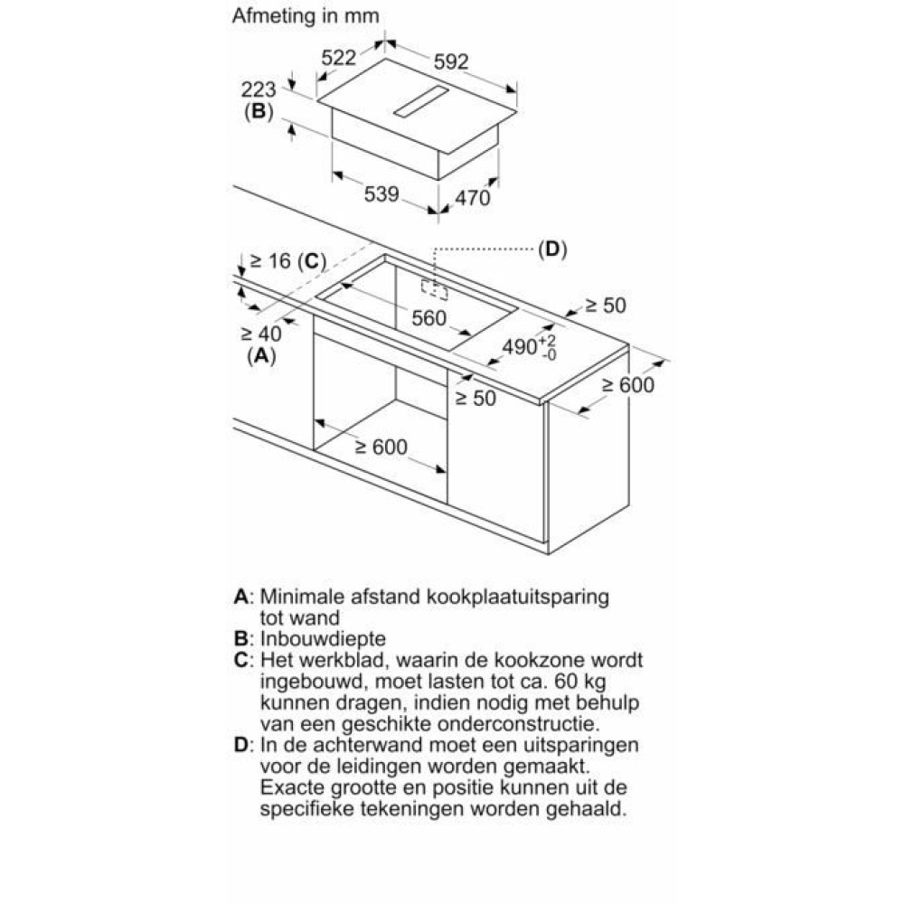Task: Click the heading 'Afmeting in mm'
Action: coord(306,16)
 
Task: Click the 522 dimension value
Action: coord(338,58)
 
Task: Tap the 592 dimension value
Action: coord(451,61)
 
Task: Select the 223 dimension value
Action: coord(259,89)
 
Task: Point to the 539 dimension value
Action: coord(381,194)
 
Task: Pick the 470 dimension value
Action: coord(472,198)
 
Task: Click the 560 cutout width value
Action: coord(428,318)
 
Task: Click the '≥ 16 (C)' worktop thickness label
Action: coord(287,261)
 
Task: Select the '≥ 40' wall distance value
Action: coord(261,334)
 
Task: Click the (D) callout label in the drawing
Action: coord(552,250)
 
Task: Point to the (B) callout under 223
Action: coord(259,110)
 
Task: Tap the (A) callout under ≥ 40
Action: coord(261,355)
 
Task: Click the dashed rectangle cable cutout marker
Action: coord(434,289)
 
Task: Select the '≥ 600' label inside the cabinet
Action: coord(381,447)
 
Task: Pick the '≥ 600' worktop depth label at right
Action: coord(628,385)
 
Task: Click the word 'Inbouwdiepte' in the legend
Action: coord(323,639)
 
